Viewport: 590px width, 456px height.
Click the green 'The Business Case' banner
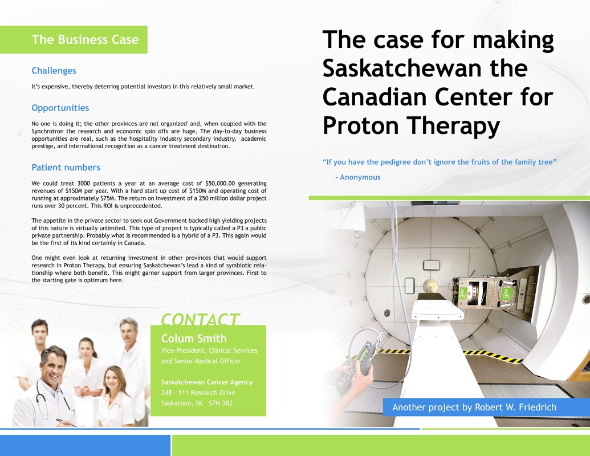pos(74,39)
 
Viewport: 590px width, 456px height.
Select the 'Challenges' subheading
pos(54,71)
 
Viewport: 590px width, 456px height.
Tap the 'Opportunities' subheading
pos(60,108)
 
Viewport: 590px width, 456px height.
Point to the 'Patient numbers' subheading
pos(66,168)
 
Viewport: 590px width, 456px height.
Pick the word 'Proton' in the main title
pos(361,125)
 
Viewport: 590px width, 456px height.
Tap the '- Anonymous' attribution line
pos(358,177)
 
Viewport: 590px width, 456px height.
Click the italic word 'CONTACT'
pos(200,319)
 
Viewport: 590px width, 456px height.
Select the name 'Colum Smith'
pos(194,338)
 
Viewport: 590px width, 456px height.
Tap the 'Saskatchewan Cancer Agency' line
pos(207,382)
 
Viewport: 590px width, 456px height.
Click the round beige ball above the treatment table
pos(430,287)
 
